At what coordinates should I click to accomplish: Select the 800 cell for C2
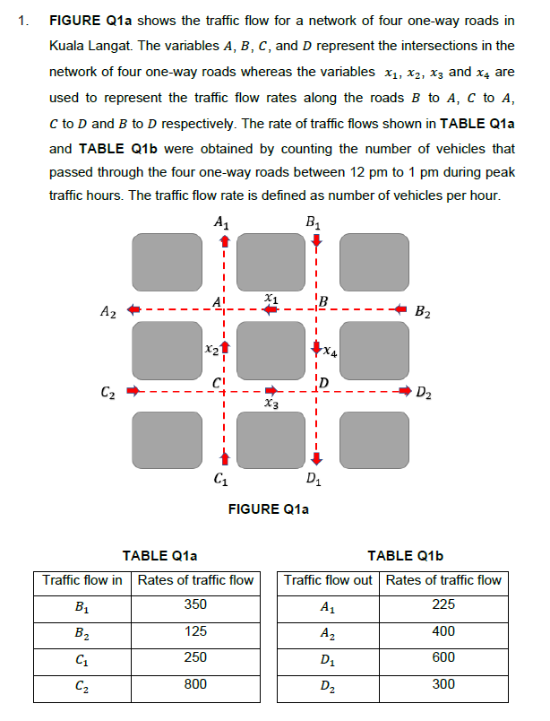click(x=195, y=683)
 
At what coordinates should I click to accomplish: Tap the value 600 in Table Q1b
click(x=443, y=656)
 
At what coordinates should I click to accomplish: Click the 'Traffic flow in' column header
click(x=82, y=579)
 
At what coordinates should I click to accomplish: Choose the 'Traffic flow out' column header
click(x=328, y=579)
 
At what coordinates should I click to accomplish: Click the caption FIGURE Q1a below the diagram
click(x=269, y=509)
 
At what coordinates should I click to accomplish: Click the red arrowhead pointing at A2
click(x=132, y=310)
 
